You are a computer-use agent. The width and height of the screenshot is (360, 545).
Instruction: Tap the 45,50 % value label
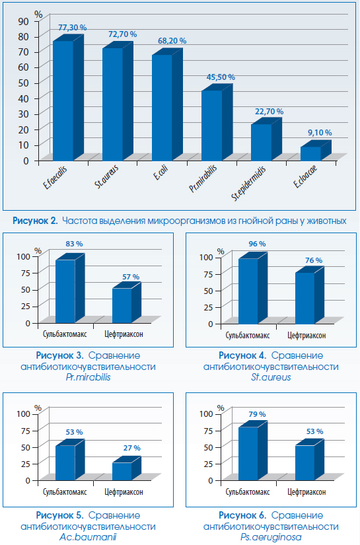click(221, 77)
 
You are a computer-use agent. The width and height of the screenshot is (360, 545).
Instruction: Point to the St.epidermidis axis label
click(249, 184)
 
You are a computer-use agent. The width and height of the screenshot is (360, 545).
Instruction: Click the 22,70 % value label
click(270, 112)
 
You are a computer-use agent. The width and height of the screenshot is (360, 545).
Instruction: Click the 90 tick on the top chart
click(23, 21)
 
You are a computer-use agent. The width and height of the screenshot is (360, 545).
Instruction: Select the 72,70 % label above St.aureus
click(122, 34)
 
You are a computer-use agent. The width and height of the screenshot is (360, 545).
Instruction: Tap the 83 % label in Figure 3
click(75, 244)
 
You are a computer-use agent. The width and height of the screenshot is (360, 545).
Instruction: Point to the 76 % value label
click(314, 260)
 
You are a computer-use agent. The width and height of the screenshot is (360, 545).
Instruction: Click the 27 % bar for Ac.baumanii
click(126, 468)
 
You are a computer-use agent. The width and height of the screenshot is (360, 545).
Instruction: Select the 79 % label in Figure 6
click(257, 414)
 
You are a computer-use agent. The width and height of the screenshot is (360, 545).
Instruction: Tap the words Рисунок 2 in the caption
click(35, 221)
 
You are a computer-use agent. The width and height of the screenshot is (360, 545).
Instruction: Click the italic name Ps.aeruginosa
click(271, 537)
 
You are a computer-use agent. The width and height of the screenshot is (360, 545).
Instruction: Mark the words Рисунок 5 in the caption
click(59, 515)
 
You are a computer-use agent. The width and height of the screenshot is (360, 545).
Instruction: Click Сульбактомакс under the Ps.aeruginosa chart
click(248, 491)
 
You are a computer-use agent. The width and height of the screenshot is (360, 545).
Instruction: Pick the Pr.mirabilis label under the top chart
click(203, 178)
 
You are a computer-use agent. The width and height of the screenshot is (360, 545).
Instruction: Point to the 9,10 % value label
click(320, 133)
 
